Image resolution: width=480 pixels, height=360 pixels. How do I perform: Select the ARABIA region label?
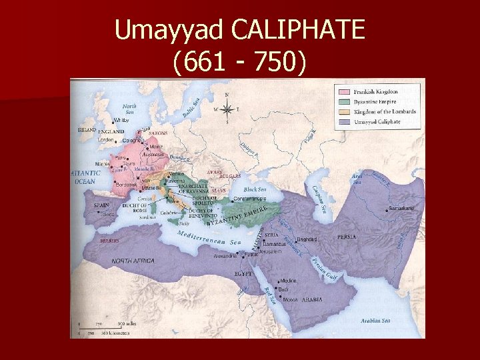(312, 300)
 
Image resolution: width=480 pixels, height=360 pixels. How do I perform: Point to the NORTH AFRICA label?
(133, 261)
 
